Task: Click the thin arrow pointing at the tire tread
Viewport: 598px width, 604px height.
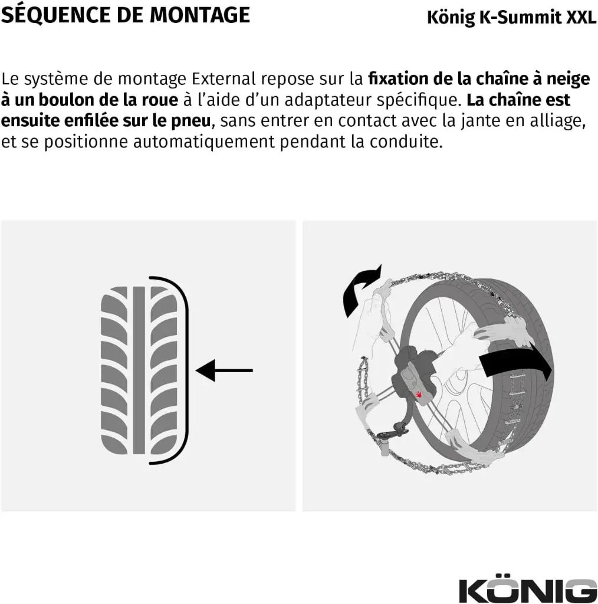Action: (x=224, y=370)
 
